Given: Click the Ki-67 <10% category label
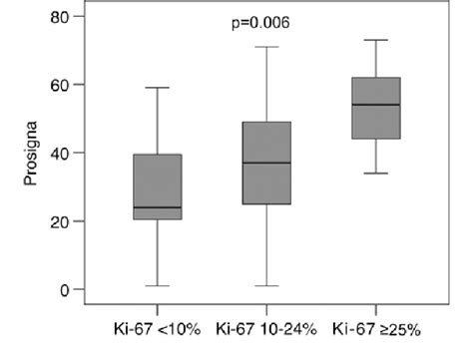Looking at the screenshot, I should pyautogui.click(x=157, y=327).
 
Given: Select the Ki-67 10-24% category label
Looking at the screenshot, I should pyautogui.click(x=266, y=327).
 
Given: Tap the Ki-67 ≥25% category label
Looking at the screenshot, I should pyautogui.click(x=375, y=327).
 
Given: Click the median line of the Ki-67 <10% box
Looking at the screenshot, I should pyautogui.click(x=157, y=207).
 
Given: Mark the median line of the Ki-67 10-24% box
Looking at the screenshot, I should pyautogui.click(x=266, y=163).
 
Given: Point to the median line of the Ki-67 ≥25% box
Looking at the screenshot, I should pyautogui.click(x=375, y=105).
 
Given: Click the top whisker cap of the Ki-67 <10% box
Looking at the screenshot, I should pyautogui.click(x=157, y=88).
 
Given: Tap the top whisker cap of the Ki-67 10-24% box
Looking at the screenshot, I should pyautogui.click(x=266, y=47).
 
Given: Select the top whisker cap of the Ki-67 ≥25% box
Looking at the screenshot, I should pyautogui.click(x=375, y=40).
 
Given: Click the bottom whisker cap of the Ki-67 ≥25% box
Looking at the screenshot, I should pyautogui.click(x=375, y=174).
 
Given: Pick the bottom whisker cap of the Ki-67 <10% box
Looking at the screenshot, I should pyautogui.click(x=157, y=286).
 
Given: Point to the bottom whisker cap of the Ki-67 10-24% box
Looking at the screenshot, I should pyautogui.click(x=266, y=286).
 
